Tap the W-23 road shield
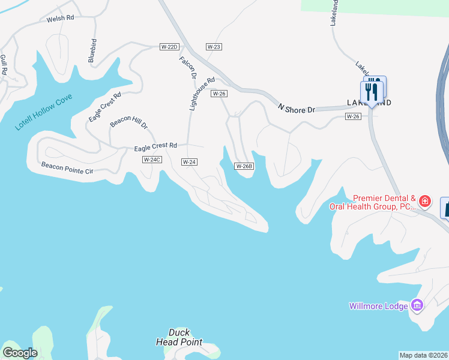click(x=214, y=46)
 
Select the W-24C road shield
click(x=151, y=160)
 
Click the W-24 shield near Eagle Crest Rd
click(x=190, y=162)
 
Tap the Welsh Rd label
click(x=60, y=18)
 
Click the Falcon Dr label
click(x=188, y=67)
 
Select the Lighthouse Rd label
click(x=202, y=94)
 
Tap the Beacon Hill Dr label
click(x=128, y=121)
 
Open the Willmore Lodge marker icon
click(x=417, y=305)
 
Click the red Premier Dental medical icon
click(x=425, y=201)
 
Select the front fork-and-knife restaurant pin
click(x=371, y=92)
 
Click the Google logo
click(x=20, y=353)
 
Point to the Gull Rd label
click(x=4, y=65)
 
